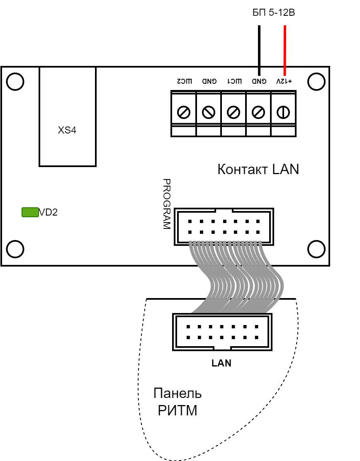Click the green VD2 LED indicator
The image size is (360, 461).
[x=30, y=212]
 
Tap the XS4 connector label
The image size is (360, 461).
[x=67, y=130]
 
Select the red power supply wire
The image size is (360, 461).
[x=285, y=51]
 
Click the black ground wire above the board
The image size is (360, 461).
[x=259, y=51]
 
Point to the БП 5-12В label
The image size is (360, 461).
[x=274, y=12]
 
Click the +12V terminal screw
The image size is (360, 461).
[x=283, y=112]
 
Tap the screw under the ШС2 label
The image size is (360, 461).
[x=184, y=112]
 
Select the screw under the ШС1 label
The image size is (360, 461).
[x=234, y=112]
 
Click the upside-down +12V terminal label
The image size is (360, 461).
[x=284, y=81]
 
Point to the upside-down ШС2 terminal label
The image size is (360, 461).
[x=185, y=81]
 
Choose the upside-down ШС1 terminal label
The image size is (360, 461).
[x=234, y=81]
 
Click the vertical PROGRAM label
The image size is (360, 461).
[x=167, y=204]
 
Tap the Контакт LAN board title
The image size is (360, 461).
[x=258, y=169]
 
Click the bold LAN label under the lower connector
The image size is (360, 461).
[x=221, y=363]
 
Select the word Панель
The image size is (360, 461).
[x=178, y=393]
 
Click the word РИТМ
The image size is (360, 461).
[x=178, y=410]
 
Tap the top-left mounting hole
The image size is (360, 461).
[x=15, y=81]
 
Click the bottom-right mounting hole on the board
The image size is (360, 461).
[x=316, y=249]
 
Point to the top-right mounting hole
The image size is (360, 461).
[x=316, y=81]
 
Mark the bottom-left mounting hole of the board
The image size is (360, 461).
[x=15, y=249]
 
